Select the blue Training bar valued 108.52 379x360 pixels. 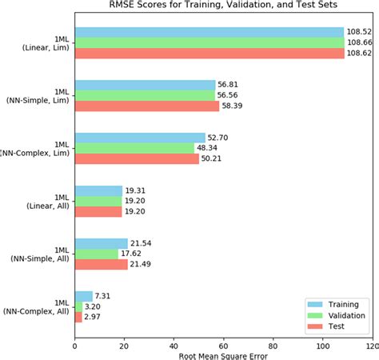point(209,32)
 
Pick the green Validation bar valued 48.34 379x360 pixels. point(134,148)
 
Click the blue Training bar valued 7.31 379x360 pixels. point(83,296)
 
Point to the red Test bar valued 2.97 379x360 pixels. point(78,317)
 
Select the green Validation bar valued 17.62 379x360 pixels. point(96,254)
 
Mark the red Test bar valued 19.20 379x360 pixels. point(98,211)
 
